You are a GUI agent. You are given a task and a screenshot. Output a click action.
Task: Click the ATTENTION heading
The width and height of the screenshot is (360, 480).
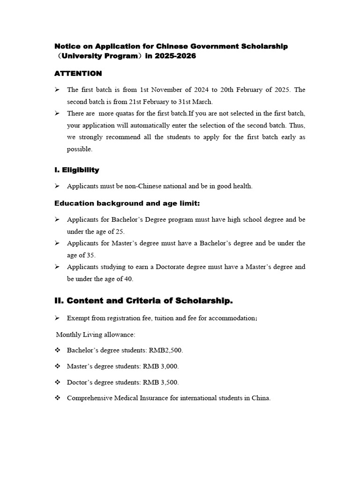[78, 73]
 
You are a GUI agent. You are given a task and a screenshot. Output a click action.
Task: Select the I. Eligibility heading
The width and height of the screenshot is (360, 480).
[76, 170]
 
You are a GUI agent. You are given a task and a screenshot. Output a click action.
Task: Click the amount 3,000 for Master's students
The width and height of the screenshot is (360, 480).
[170, 366]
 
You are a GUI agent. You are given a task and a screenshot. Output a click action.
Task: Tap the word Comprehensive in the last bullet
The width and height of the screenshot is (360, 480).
[89, 398]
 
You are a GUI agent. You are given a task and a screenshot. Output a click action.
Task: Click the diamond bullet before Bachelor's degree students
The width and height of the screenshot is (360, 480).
[58, 350]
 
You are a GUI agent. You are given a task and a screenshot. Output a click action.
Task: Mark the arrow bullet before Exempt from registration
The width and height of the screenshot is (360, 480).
[57, 318]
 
